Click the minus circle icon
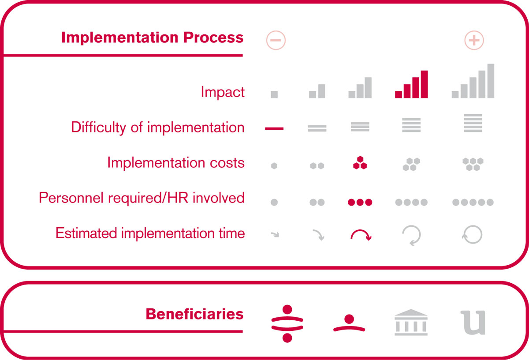tap(276, 40)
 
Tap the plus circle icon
tap(474, 40)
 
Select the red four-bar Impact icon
tap(411, 84)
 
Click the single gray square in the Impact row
tap(274, 94)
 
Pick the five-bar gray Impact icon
tap(473, 81)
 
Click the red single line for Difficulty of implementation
tap(274, 128)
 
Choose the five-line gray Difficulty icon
tap(473, 123)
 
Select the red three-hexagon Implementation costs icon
tap(360, 163)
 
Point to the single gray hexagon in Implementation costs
tap(274, 166)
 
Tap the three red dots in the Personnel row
tap(360, 202)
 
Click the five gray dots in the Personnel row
tap(473, 202)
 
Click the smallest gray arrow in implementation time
tap(275, 235)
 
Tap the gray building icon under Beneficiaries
tap(411, 322)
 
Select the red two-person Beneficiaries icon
tap(287, 323)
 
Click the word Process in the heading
tap(213, 37)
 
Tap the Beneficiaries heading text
tap(194, 314)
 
